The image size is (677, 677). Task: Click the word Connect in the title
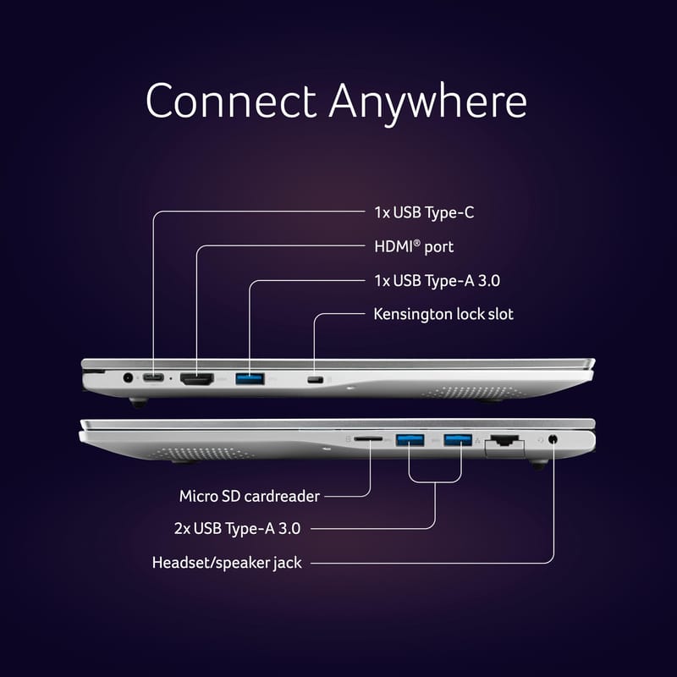point(231,101)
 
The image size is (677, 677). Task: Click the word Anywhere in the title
point(428,103)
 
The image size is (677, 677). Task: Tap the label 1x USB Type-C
point(424,212)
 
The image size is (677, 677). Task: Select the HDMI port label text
point(414,247)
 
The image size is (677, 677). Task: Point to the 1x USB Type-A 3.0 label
point(437,281)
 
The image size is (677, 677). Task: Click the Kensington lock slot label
point(443,314)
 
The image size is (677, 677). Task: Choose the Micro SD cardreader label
point(250,496)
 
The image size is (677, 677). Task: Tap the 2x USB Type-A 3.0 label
point(237,528)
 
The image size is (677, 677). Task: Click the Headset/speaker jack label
point(227,563)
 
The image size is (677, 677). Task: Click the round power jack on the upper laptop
point(128,378)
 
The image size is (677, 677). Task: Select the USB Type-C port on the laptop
point(153,378)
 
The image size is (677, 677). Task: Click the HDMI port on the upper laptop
point(197,379)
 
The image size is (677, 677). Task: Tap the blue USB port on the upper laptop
point(250,378)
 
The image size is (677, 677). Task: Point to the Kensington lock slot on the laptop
point(315,380)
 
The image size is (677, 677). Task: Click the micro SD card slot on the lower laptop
point(368,438)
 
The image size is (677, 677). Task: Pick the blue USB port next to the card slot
point(410,440)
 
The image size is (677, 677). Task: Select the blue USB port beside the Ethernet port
point(458,440)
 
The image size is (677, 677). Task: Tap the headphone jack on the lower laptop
point(553,440)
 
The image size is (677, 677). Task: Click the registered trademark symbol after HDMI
point(416,243)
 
